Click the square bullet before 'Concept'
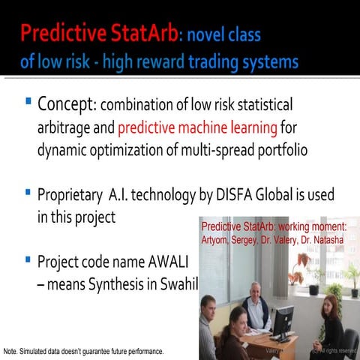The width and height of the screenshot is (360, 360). pos(28,100)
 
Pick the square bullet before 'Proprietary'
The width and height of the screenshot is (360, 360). pos(28,194)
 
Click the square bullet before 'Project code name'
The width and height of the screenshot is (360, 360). pos(28,260)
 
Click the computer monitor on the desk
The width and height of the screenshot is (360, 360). pos(282,322)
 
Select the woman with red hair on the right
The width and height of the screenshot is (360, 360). pos(328,319)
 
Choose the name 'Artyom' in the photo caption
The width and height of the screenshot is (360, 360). pos(217,240)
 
